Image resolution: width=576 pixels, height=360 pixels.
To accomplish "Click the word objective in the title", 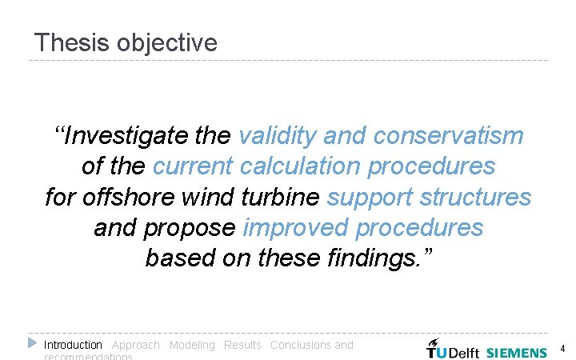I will click(166, 42).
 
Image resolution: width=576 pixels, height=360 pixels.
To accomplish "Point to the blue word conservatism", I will click(447, 136).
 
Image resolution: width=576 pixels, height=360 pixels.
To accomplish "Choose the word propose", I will click(190, 228).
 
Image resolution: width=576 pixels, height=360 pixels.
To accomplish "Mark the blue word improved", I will click(296, 228).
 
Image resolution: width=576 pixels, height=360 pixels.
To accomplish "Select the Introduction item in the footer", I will click(73, 345).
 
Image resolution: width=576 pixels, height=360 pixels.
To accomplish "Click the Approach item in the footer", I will click(136, 345).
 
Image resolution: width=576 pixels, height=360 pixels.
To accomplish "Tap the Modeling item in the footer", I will click(192, 345).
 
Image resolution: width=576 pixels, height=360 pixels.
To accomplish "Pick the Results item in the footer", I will click(242, 345).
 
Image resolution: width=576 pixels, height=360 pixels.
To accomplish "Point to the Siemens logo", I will click(517, 352).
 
